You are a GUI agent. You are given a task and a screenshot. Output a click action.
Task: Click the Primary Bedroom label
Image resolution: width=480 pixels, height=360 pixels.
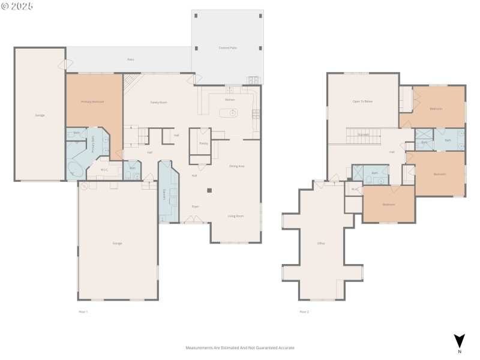93,102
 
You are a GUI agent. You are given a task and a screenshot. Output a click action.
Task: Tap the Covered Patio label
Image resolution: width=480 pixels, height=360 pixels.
227,47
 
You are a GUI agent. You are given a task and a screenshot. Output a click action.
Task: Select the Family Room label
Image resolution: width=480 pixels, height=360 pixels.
158,103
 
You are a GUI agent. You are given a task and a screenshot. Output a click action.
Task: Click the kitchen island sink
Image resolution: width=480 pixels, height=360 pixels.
232,112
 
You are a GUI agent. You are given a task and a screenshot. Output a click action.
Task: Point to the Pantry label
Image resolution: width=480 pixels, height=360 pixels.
203,143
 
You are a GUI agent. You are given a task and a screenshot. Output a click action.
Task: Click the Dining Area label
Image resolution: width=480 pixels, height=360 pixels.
237,166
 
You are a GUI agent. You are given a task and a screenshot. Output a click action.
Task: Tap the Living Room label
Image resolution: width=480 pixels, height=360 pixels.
235,215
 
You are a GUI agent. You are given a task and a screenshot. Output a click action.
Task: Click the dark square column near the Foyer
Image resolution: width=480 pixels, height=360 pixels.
209,191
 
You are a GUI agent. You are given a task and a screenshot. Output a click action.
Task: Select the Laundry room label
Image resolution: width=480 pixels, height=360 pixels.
164,194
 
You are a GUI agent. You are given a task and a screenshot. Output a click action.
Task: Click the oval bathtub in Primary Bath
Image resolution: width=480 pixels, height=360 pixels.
76,168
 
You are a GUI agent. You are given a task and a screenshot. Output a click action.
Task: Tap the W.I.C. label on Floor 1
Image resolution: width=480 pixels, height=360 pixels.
104,170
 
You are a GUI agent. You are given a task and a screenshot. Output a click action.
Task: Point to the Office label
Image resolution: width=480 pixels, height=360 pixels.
321,243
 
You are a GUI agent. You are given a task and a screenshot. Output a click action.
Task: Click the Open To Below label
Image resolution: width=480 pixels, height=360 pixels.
362,101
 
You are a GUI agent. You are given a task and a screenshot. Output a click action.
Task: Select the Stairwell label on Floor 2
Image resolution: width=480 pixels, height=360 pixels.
364,134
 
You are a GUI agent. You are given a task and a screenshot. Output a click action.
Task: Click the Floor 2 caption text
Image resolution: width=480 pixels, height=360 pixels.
304,311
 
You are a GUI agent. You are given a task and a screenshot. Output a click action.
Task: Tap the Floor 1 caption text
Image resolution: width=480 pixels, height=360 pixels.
83,311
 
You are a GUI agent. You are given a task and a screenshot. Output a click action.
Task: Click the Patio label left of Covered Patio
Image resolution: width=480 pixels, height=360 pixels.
130,59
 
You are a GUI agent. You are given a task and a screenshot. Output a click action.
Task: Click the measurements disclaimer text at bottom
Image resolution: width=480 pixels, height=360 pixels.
240,347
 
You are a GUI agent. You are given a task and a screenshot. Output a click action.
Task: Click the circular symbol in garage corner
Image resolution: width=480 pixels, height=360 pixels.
85,186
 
